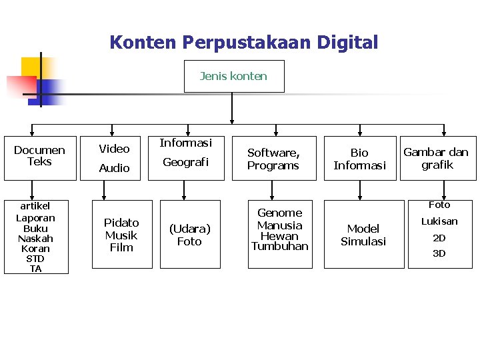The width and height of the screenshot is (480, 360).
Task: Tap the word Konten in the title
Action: coord(143,43)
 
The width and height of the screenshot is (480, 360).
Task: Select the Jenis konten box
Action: coord(233,76)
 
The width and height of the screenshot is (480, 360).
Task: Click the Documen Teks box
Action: coord(39,156)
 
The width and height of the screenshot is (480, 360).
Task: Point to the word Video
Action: coord(114,149)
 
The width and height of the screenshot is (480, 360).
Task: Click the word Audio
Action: coord(114,168)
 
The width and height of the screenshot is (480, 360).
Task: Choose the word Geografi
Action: coord(186,162)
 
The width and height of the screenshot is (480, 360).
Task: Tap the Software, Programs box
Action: coord(273,159)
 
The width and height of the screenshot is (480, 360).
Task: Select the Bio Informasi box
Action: coord(359,159)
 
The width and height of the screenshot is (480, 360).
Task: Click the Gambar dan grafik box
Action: coord(437,159)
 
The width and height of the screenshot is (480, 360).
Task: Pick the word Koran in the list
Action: coord(35,249)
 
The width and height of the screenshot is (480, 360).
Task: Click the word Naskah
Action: coord(35,239)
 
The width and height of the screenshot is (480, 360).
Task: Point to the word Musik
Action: coord(121,235)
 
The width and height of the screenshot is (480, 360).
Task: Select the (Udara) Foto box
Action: coord(189,235)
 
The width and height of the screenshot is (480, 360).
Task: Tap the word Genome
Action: coord(280,213)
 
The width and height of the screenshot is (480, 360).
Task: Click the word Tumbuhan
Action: coord(280,246)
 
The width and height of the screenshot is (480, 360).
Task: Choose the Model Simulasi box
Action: coord(363,235)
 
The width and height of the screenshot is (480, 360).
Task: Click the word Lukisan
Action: coord(439,221)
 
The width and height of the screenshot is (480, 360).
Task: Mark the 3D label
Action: coord(439,253)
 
